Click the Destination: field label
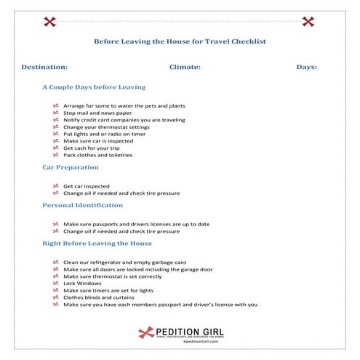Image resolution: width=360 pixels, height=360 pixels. [x=44, y=67]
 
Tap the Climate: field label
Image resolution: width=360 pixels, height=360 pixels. [x=185, y=67]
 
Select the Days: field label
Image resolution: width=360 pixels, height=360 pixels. [x=306, y=67]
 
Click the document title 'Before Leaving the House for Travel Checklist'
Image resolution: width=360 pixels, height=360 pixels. [x=180, y=41]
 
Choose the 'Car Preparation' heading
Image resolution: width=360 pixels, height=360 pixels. [x=71, y=167]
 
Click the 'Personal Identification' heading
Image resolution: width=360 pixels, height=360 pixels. [x=82, y=205]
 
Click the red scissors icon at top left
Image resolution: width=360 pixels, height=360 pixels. [x=49, y=21]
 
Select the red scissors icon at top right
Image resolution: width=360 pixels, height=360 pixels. [x=308, y=21]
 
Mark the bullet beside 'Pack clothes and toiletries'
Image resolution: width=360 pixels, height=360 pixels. [x=55, y=156]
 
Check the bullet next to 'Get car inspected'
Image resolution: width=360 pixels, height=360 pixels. [x=55, y=186]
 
